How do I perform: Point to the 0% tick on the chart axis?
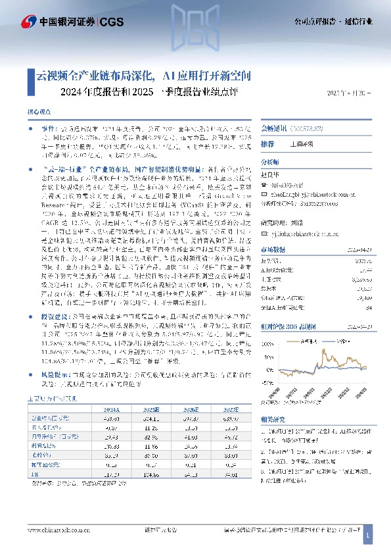(269, 370)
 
